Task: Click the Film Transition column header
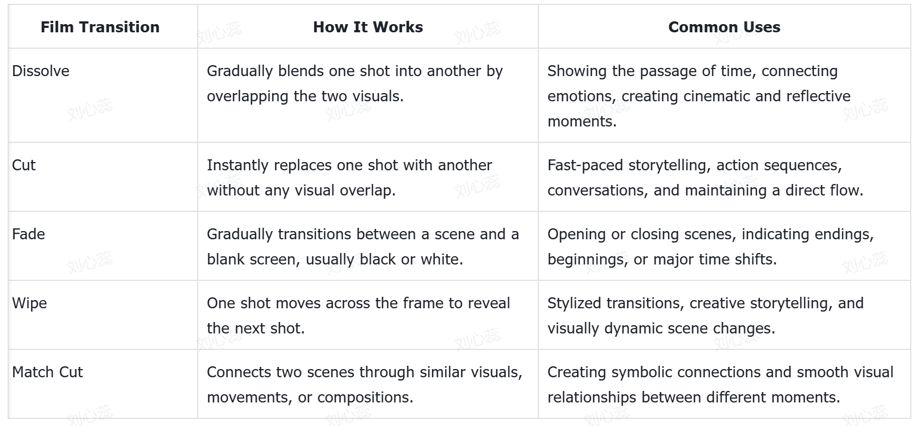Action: coord(100,27)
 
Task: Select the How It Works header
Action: coord(368,27)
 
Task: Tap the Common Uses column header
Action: coord(724,27)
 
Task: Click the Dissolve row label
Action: coord(41,71)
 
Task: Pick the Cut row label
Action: coord(24,165)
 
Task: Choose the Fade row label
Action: coord(28,234)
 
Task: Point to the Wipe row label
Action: coord(30,303)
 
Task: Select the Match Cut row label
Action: coord(47,372)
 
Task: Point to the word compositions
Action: coord(365,398)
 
